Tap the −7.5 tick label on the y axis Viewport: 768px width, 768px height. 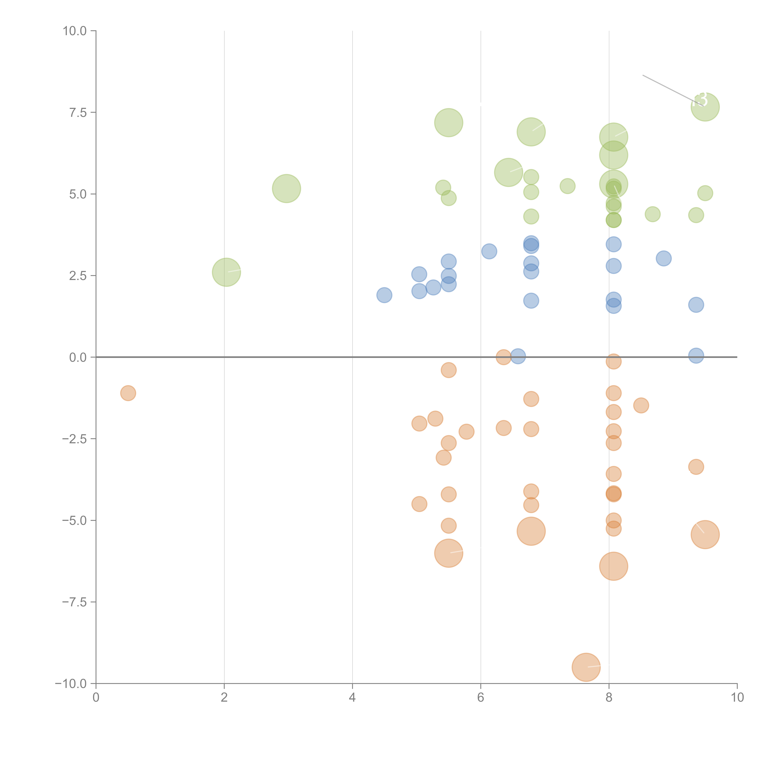(x=74, y=602)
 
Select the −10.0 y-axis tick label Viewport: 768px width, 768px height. (x=71, y=684)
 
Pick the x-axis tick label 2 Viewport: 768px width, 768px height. (x=224, y=698)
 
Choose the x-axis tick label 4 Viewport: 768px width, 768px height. (x=352, y=698)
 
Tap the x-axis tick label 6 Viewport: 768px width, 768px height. (x=481, y=698)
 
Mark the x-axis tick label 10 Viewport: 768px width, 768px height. (x=737, y=698)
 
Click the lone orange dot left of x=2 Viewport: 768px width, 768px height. (x=128, y=393)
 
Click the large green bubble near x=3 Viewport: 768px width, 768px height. (x=286, y=188)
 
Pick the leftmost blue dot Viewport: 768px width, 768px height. (x=384, y=295)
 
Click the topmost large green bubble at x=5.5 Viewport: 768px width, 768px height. (x=448, y=122)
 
